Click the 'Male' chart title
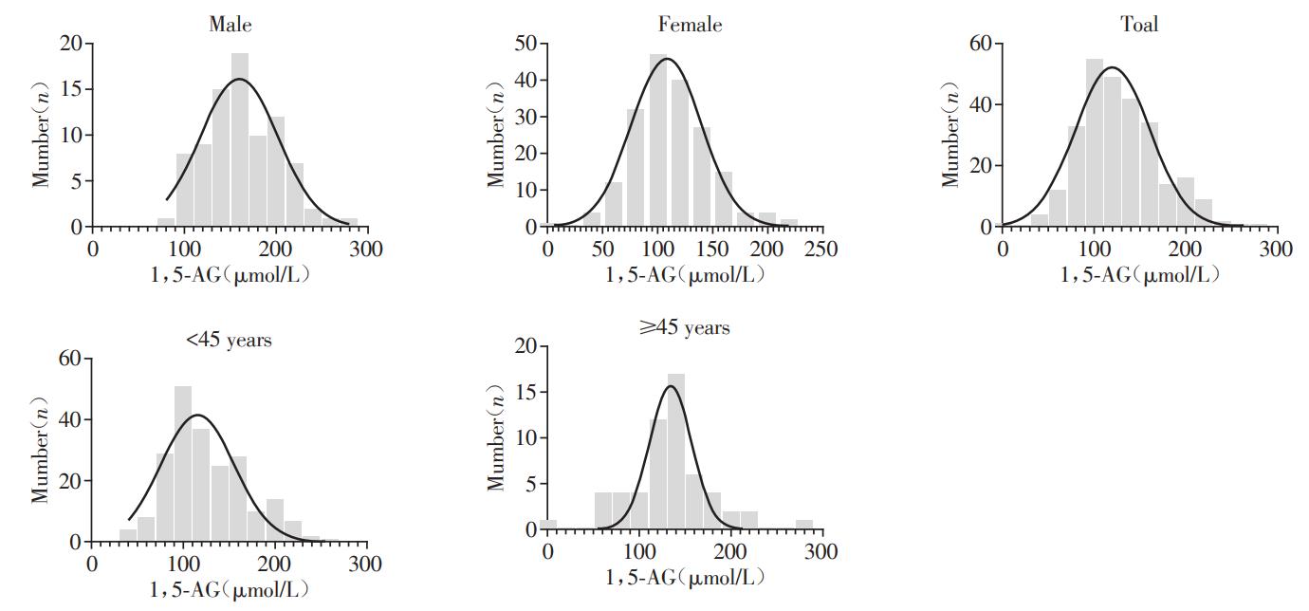point(230,25)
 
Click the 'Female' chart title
point(690,25)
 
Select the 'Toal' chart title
point(1139,25)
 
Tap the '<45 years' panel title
point(229,340)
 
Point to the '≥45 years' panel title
point(685,328)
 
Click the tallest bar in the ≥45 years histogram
point(675,451)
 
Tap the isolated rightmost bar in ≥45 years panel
point(803,525)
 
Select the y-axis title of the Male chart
point(41,135)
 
